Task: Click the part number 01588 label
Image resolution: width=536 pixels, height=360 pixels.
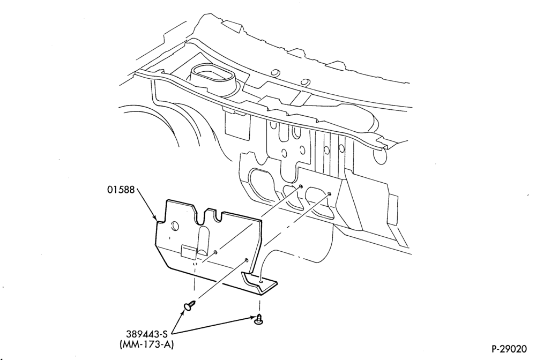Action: click(x=121, y=190)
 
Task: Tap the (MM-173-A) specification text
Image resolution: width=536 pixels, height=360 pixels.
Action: click(x=147, y=345)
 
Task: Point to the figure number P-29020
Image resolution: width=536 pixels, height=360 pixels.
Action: click(x=509, y=349)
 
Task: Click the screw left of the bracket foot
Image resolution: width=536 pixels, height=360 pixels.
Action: click(x=190, y=305)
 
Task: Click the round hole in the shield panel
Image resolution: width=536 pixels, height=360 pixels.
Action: click(x=174, y=226)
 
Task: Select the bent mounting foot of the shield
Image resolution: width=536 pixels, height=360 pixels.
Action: click(x=260, y=282)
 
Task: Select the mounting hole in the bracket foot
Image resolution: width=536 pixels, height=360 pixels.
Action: click(x=262, y=282)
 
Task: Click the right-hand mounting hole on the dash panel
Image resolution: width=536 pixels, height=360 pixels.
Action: click(x=329, y=194)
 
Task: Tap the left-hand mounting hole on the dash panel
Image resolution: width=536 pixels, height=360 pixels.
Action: click(x=301, y=186)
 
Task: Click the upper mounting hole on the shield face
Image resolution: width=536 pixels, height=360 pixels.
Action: click(x=215, y=252)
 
